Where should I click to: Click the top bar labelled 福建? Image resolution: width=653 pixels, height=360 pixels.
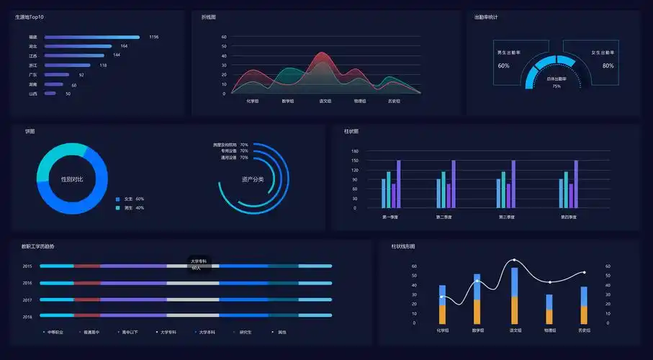point(91,37)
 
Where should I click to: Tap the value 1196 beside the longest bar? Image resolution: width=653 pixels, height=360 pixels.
point(153,37)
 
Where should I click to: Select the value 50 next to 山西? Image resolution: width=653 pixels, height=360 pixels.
point(68,94)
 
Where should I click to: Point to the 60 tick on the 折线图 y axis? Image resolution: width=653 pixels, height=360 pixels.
point(224,37)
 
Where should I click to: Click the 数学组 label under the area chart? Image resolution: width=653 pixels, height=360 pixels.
point(288,101)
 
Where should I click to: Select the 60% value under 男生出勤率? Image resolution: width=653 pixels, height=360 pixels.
point(503,66)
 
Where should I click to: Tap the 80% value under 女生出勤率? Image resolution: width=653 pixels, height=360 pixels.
point(608,66)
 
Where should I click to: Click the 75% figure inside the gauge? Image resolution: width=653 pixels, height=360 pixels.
point(557,86)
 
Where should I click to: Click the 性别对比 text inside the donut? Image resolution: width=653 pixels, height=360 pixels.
point(72,179)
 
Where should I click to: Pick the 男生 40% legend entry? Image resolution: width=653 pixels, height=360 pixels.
point(133,208)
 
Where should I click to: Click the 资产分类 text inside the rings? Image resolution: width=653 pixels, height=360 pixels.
point(252,179)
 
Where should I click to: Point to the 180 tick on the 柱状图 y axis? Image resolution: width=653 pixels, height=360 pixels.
point(355,151)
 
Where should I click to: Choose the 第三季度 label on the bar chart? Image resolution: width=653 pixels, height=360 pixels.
point(508,216)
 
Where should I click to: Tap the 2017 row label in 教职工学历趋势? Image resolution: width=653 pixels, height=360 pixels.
point(27,300)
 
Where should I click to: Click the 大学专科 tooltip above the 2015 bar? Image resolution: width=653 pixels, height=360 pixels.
point(198,264)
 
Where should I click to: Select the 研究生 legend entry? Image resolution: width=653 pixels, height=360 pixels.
point(245,332)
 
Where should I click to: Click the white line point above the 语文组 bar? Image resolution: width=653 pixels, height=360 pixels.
point(514,260)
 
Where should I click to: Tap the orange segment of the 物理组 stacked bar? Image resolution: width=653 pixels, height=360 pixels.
point(549,316)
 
